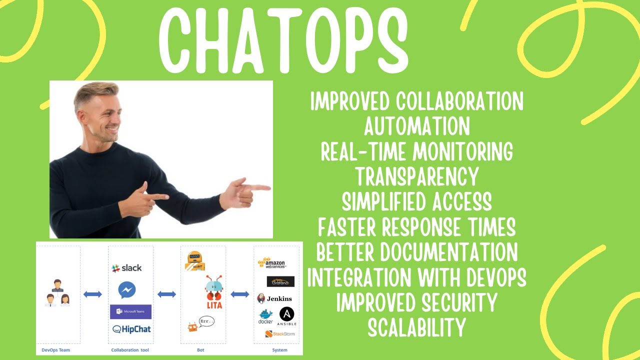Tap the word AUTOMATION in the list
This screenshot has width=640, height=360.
tap(416, 126)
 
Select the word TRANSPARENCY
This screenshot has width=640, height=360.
tap(416, 176)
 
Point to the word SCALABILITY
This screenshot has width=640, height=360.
tap(416, 327)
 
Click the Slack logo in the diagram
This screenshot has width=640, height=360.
tap(126, 268)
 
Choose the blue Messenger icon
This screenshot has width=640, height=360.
tap(127, 290)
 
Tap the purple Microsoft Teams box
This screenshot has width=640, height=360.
tap(130, 311)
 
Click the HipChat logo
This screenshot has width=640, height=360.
tap(131, 329)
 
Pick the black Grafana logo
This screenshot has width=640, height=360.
tap(280, 281)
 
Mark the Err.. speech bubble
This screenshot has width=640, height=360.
tap(205, 321)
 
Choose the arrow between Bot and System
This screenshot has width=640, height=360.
tap(240, 294)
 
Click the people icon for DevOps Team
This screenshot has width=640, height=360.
tap(57, 293)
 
